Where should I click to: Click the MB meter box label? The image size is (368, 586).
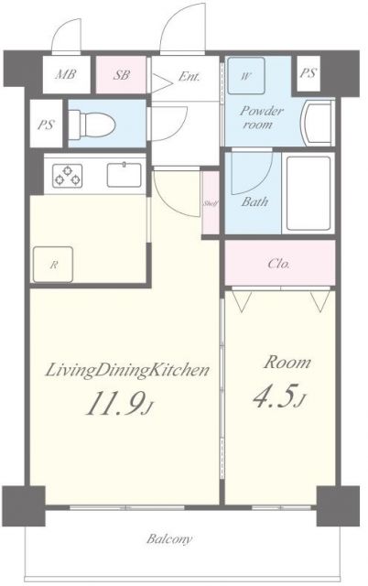point(65,74)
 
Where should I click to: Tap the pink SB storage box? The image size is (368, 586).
point(121,74)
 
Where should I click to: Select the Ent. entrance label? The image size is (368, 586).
point(189,77)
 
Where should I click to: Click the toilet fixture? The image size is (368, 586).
point(92,123)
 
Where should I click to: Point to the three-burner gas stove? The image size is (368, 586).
point(67,176)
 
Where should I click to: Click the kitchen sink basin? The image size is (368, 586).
point(124,175)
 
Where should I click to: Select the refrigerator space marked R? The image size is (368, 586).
point(53,265)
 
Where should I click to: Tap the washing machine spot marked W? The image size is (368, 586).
point(246,76)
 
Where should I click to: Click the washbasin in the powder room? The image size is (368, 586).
point(319,124)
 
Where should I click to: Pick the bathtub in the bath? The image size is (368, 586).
point(308,193)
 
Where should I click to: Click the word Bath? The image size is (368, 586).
point(254,202)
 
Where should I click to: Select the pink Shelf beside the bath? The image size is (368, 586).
point(211,203)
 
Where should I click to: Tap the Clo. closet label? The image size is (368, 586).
point(278,264)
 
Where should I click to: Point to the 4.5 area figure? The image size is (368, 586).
point(278,399)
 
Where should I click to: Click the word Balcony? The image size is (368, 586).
point(169,539)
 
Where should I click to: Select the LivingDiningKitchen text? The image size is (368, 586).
point(126,371)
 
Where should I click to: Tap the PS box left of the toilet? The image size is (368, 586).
point(46,124)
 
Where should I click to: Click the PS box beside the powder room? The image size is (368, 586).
point(308,73)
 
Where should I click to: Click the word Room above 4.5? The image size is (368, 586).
point(287,363)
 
